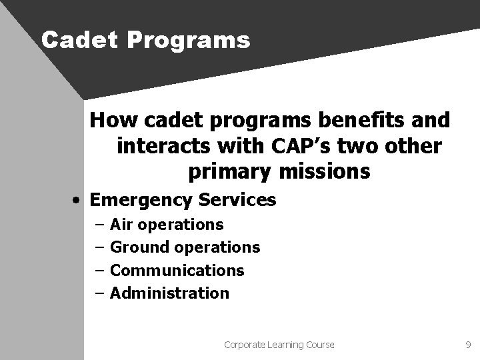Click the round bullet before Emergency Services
pyautogui.click(x=78, y=200)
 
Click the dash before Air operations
pyautogui.click(x=99, y=225)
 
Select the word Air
pyautogui.click(x=122, y=225)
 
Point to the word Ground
pyautogui.click(x=139, y=247)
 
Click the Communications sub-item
pyautogui.click(x=177, y=270)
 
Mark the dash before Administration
pyautogui.click(x=99, y=293)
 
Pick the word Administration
pyautogui.click(x=169, y=293)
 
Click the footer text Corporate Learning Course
pyautogui.click(x=279, y=345)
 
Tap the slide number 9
pyautogui.click(x=467, y=345)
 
